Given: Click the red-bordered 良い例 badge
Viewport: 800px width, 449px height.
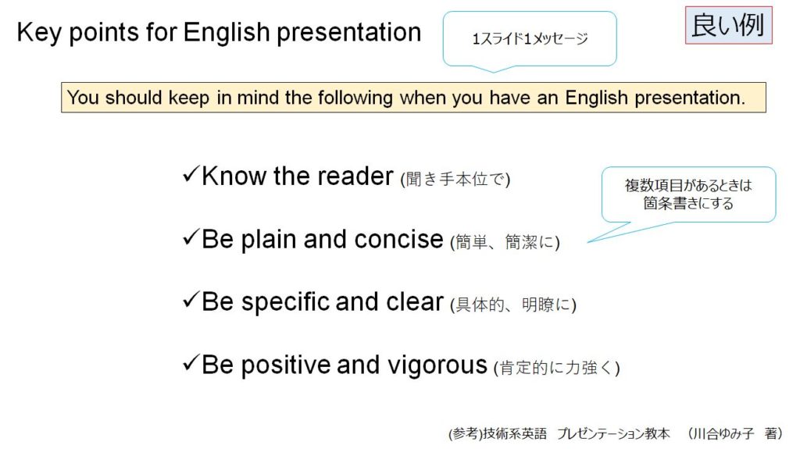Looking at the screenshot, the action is pos(729,26).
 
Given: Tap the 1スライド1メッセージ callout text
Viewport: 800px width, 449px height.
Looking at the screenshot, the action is pos(530,39).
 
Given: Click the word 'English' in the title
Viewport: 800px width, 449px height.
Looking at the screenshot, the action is pos(227,32).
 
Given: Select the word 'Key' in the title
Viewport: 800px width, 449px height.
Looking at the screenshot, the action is pos(39,33).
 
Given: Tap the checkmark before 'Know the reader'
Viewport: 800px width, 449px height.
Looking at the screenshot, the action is pos(191,174).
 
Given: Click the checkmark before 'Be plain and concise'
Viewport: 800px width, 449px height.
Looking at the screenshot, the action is pos(191,237).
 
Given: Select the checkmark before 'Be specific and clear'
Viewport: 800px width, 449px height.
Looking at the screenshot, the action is pos(191,300).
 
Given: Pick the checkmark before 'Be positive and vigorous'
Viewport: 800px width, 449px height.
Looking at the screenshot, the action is pos(191,363).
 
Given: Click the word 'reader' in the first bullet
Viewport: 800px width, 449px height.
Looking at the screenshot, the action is pos(355,176).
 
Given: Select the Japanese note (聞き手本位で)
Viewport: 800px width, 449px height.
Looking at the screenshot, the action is pos(455,179).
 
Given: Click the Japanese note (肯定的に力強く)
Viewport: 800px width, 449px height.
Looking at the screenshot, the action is pos(556,367).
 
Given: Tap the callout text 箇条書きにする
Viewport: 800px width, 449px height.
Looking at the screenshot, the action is pos(687,204).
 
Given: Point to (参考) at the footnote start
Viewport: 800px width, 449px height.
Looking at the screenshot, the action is pos(466,433).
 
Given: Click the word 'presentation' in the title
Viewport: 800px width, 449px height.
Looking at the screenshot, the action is pos(349,33).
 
